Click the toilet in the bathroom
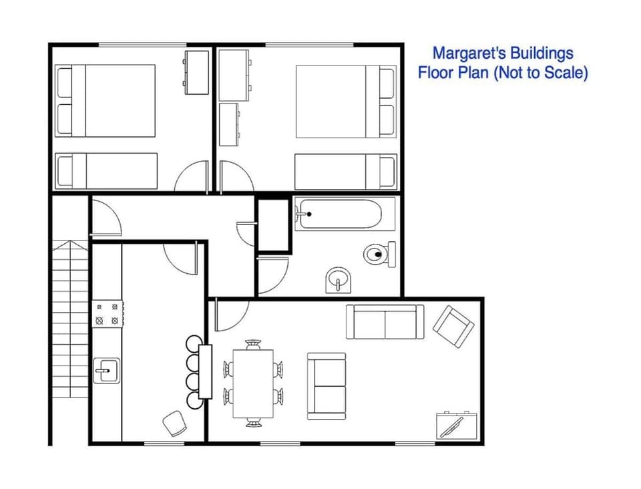[379, 254]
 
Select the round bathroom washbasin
[337, 281]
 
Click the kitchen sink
[106, 368]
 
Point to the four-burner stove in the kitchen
[108, 314]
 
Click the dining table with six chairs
[253, 383]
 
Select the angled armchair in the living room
[453, 325]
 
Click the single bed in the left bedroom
[106, 171]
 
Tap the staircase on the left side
[70, 321]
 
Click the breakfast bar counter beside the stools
[205, 371]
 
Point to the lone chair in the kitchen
[175, 423]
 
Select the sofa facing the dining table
[327, 386]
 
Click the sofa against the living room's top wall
[385, 321]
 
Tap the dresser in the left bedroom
[196, 72]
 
